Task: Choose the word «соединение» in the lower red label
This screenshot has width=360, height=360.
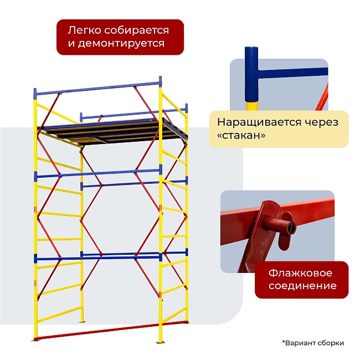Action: click(x=302, y=286)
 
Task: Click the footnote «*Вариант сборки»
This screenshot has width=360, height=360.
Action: click(x=313, y=343)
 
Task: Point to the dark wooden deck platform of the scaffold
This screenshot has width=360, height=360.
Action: click(x=111, y=133)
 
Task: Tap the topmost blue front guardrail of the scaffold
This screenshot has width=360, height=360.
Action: click(x=97, y=88)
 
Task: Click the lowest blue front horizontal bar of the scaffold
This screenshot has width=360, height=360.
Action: click(x=97, y=256)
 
